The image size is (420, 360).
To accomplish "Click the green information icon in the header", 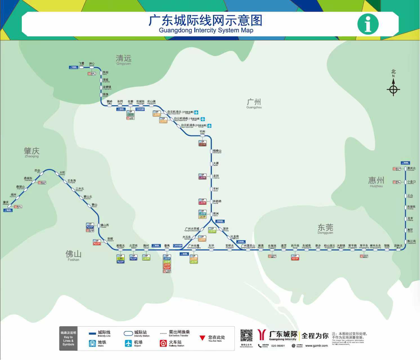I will coord(368,24).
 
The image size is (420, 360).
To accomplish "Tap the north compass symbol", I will coord(393,89).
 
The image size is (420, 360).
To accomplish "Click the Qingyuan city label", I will coord(124,59).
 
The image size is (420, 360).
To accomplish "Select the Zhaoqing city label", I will coord(32,152).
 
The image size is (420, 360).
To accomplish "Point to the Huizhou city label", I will coord(376,181).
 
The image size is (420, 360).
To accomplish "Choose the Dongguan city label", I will coord(325,228).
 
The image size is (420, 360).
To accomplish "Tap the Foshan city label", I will coord(73,255).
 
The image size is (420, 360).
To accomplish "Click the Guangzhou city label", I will coord(254,103).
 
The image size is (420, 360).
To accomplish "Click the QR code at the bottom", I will coord(246,336).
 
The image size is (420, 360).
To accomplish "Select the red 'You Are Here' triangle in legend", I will coord(202,338).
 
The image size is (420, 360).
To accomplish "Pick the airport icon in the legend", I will coord(128,343).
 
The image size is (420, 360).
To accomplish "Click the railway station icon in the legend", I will coord(163,343).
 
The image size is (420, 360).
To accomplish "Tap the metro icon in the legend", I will coord(92,343).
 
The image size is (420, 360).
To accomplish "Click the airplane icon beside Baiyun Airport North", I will coord(196,112).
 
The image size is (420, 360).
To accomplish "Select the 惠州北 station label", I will coord(411,168).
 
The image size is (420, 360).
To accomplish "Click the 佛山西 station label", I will coord(105,225).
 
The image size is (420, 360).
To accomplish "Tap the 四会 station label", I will coord(37,171).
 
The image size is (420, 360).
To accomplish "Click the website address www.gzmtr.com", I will coord(316,346).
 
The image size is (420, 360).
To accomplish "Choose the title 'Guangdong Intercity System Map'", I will coord(206,30).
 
